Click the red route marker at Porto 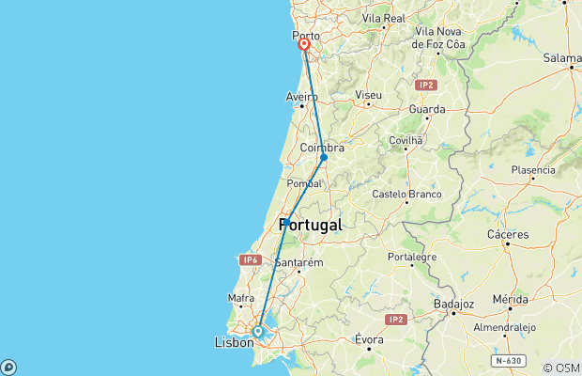click(304, 44)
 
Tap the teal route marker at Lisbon click(258, 331)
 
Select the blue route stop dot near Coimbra click(323, 157)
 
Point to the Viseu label click(369, 95)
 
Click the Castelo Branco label click(406, 195)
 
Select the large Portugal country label click(310, 226)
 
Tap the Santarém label click(299, 263)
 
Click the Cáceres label click(508, 234)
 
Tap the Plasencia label click(533, 170)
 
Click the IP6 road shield click(249, 259)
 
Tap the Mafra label click(241, 298)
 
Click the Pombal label click(304, 183)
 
